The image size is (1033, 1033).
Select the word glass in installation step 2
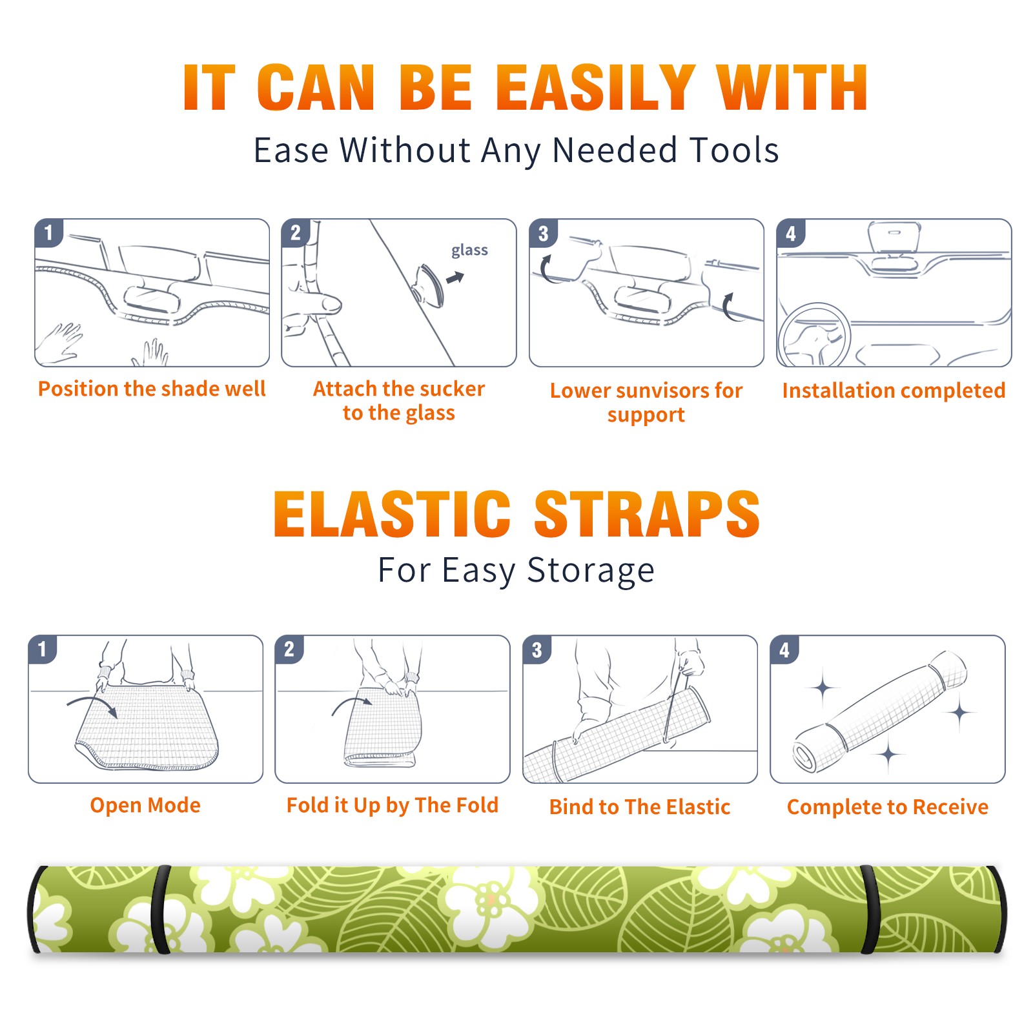pos(469,251)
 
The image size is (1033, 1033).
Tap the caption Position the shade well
pos(152,389)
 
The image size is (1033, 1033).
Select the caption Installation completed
pos(894,391)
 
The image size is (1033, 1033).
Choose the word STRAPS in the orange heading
pos(647,514)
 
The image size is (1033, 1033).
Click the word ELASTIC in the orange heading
pos(392,514)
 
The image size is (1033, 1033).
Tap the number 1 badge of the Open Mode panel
pos(43,649)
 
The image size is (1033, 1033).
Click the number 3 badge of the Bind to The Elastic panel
pos(537,649)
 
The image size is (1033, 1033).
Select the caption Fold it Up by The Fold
pos(393,806)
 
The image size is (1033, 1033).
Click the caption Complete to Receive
pos(888,807)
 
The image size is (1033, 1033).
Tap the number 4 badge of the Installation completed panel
pos(791,233)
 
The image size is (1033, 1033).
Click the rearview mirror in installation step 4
pos(894,238)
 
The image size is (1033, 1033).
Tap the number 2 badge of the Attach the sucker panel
pos(296,233)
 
